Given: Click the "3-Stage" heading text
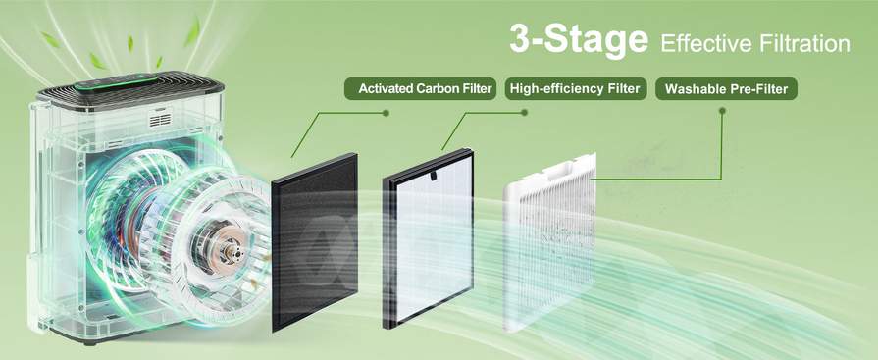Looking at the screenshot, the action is [x=578, y=40].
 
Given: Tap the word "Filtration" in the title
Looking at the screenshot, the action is [x=803, y=42].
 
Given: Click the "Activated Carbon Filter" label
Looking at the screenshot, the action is [x=421, y=88].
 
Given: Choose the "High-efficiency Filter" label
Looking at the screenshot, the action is [x=576, y=88].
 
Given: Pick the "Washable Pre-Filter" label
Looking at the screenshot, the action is [x=726, y=88].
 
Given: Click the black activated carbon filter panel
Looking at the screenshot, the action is [x=314, y=242].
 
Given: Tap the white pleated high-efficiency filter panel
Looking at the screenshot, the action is [x=429, y=237].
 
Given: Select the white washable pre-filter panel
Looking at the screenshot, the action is [x=549, y=239].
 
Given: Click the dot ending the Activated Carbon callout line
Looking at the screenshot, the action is [x=386, y=113].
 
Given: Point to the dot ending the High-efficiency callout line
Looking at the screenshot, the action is [x=524, y=113].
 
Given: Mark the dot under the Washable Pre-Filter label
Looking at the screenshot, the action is [x=722, y=112].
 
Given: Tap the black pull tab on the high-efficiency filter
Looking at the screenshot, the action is [x=433, y=175].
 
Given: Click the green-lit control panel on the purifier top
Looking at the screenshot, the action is [x=117, y=82].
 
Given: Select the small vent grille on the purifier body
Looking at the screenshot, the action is [x=160, y=121].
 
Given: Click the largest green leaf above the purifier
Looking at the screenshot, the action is [x=192, y=31].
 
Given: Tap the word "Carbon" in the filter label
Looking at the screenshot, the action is [x=438, y=88].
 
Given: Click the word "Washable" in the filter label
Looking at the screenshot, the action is [x=692, y=88].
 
